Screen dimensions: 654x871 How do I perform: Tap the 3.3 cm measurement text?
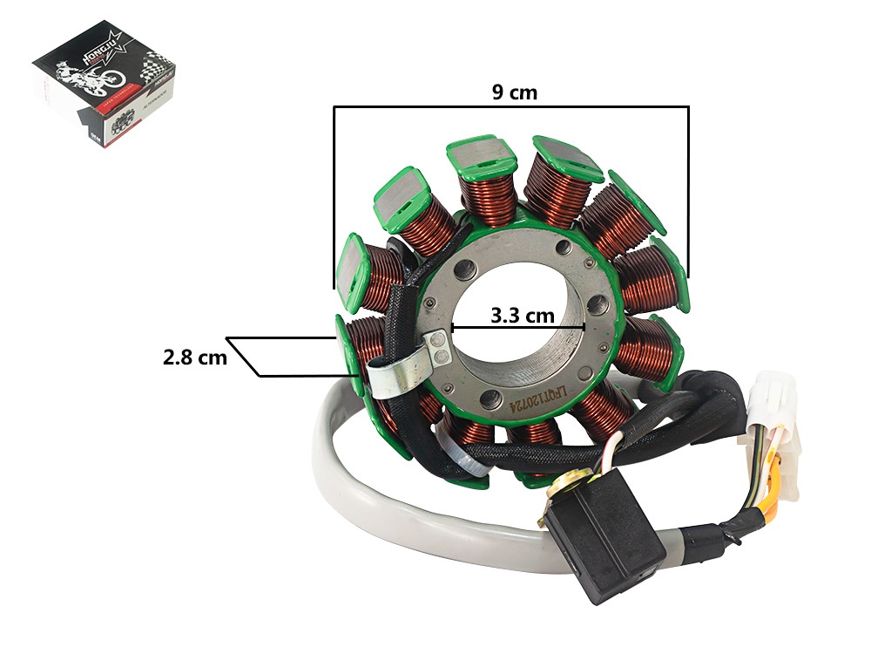pos(523,315)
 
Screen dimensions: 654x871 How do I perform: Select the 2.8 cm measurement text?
pos(194,357)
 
